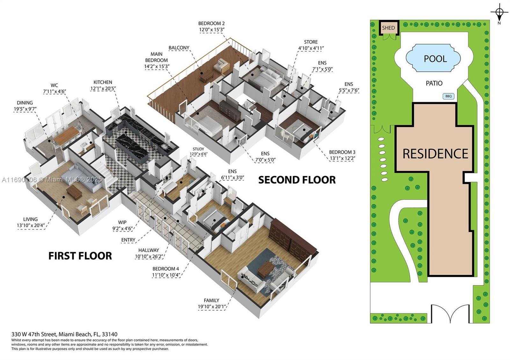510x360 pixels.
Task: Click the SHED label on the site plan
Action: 388,28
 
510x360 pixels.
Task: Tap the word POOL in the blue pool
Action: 435,59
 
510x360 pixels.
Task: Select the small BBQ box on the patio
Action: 448,96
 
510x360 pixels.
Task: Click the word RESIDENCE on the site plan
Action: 435,154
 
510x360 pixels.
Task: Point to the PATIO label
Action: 434,83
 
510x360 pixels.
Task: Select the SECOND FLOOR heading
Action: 297,180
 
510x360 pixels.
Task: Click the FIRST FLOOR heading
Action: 80,256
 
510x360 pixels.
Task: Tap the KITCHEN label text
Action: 103,82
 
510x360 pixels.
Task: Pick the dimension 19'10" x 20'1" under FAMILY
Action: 211,307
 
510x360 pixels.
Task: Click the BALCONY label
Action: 179,48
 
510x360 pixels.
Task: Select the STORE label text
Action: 310,42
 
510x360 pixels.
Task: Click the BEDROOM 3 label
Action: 342,152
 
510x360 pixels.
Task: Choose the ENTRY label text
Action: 128,240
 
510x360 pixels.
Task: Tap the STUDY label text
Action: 198,149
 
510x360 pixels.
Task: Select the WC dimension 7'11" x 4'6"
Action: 54,91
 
